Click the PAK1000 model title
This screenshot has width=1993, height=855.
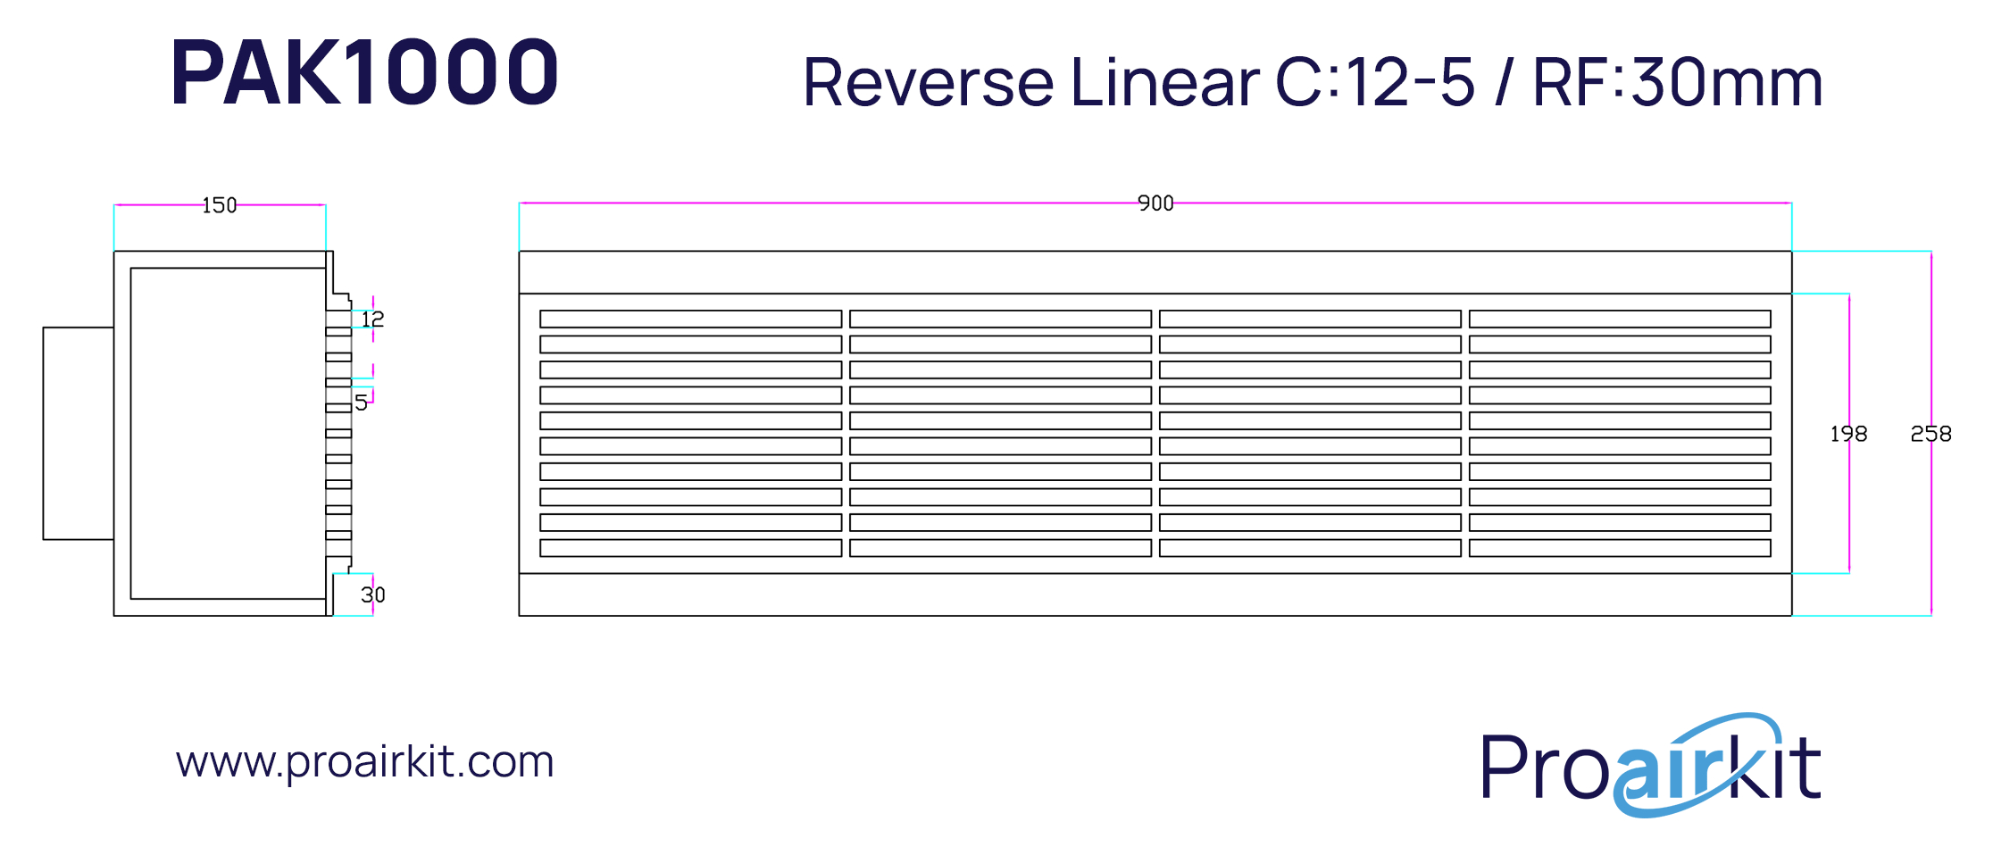point(364,71)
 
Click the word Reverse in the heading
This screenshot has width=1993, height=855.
point(929,82)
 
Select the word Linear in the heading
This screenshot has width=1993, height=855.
point(1165,81)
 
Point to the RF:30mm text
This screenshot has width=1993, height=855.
point(1678,81)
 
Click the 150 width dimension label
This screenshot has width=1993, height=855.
point(220,205)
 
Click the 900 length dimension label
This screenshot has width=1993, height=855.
point(1155,203)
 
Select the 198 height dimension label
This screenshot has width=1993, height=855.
point(1848,434)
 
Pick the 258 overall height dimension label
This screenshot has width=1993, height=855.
point(1930,434)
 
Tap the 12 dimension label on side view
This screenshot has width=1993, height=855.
point(372,319)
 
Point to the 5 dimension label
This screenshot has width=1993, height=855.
point(361,403)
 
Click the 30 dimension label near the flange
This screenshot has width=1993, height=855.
point(373,594)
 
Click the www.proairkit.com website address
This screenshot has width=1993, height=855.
point(365,761)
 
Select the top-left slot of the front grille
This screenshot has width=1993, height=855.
point(691,319)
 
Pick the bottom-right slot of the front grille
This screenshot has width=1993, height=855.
point(1620,548)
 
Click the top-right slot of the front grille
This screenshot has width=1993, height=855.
point(1620,319)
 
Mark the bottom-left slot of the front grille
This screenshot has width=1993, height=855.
point(691,548)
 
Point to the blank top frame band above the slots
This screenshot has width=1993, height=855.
point(1155,272)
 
